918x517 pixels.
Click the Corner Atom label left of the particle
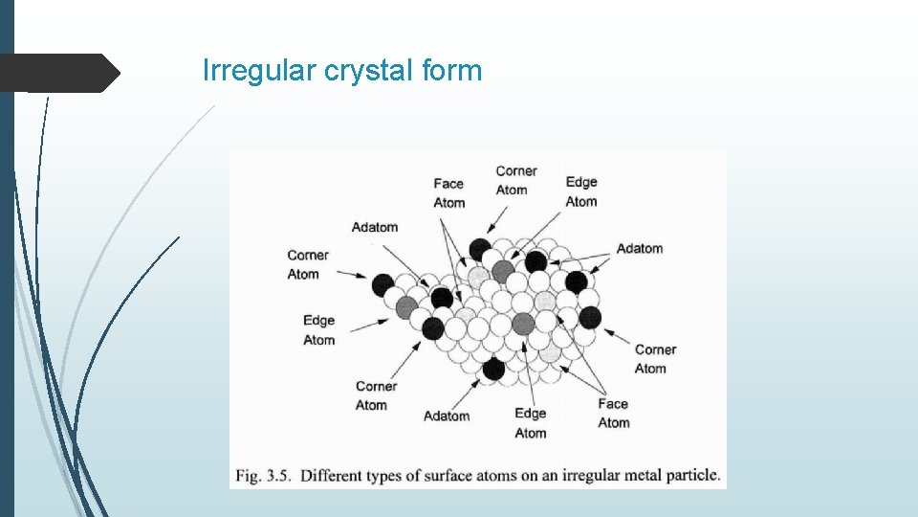308,264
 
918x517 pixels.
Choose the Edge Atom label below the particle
530,422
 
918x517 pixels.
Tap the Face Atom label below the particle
613,413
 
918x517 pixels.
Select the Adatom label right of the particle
639,249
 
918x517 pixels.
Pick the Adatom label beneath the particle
447,416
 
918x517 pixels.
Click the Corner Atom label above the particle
515,180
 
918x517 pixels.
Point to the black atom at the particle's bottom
493,369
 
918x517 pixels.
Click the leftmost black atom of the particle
382,284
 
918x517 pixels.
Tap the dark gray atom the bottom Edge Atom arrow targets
522,324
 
